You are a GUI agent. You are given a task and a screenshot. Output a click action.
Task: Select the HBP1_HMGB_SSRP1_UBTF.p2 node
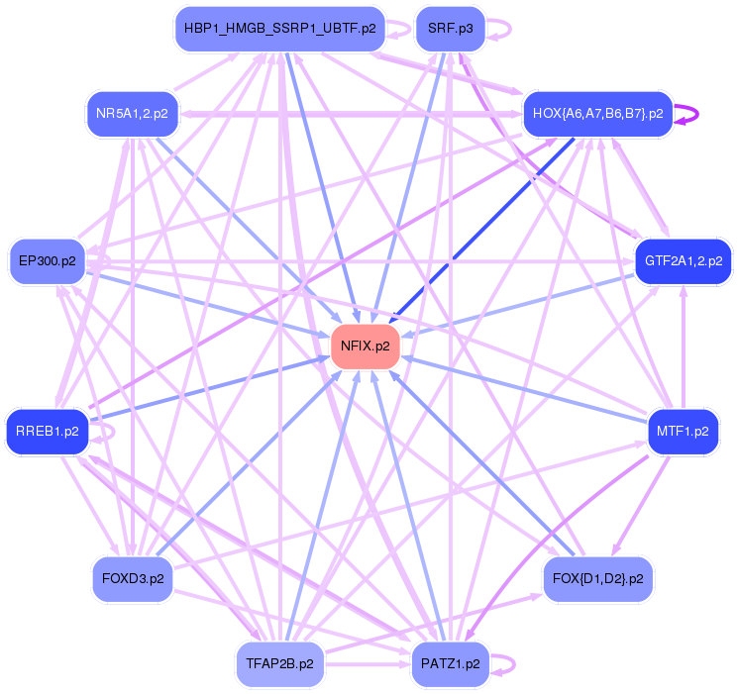(279, 29)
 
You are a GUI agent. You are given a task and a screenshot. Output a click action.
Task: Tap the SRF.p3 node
(449, 29)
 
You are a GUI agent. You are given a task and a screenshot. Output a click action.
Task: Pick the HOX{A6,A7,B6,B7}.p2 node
(597, 113)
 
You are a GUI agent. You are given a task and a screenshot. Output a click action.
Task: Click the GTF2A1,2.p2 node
(683, 262)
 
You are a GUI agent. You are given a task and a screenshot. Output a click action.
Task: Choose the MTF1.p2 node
(682, 433)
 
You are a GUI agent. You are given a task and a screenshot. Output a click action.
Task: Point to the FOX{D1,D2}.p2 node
(597, 578)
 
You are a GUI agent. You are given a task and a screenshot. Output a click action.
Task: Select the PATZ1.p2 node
(449, 663)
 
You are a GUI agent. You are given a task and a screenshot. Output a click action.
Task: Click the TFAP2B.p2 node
(279, 663)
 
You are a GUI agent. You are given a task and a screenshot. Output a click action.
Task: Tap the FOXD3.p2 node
(132, 578)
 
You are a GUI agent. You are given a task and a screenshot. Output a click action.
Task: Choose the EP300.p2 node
(47, 261)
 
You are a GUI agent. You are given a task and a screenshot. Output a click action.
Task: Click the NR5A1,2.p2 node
(132, 113)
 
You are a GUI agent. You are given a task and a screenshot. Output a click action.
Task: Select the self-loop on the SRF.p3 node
(500, 29)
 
